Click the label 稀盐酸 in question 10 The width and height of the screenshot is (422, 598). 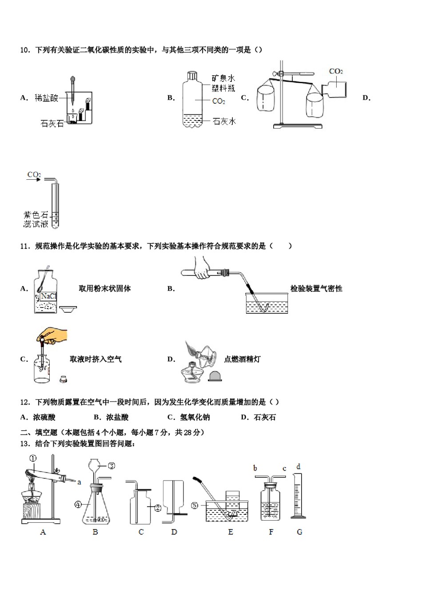click(47, 98)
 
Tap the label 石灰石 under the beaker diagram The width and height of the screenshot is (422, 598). click(52, 124)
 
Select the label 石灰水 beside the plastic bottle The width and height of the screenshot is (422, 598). click(224, 121)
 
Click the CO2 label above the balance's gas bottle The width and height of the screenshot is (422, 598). click(336, 71)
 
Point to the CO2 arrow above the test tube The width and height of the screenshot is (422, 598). click(34, 177)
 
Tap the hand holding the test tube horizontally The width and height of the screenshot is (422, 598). click(203, 268)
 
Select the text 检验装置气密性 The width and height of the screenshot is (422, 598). click(316, 289)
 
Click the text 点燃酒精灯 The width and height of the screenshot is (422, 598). click(242, 359)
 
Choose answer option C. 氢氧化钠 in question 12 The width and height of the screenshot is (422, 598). click(188, 417)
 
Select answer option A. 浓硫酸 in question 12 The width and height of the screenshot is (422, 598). click(38, 417)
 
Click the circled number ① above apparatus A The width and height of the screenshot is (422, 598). click(33, 458)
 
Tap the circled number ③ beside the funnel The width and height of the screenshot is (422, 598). click(111, 465)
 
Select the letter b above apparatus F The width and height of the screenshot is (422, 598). click(255, 468)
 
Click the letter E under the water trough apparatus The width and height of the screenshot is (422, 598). click(230, 532)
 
